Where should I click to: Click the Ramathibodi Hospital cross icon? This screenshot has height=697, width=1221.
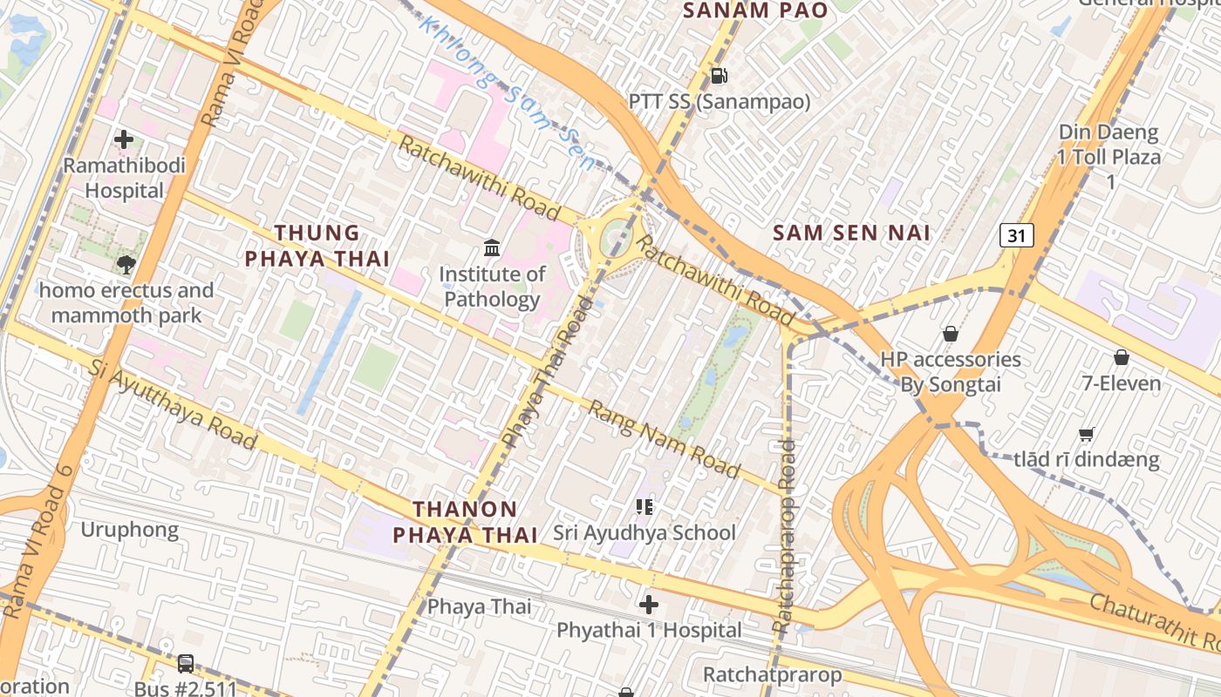[x=124, y=139]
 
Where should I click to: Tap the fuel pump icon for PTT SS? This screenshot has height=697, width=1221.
[x=719, y=76]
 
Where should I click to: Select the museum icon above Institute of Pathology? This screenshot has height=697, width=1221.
[x=492, y=248]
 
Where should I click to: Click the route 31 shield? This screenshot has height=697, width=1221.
[x=1017, y=234]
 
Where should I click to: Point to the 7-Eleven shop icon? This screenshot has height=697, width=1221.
[x=1121, y=357]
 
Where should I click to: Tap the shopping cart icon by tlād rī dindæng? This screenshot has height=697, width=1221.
[x=1087, y=434]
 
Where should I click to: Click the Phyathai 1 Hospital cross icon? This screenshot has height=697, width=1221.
[x=649, y=604]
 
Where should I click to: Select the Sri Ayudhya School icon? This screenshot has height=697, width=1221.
[x=645, y=506]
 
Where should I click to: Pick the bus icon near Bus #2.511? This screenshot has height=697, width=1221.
[x=186, y=663]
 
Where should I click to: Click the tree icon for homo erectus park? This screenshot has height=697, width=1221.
[x=126, y=264]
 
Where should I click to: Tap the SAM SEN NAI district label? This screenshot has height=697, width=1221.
[x=851, y=233]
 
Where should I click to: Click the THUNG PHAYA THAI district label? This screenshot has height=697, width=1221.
[x=317, y=246]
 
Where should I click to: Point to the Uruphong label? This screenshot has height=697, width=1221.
[x=129, y=530]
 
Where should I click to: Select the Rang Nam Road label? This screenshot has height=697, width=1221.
[x=664, y=440]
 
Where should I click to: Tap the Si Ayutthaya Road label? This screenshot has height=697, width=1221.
[x=173, y=403]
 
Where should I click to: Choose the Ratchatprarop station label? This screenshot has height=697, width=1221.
[x=772, y=674]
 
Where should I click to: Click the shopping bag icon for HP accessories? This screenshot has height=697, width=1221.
[x=951, y=333]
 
